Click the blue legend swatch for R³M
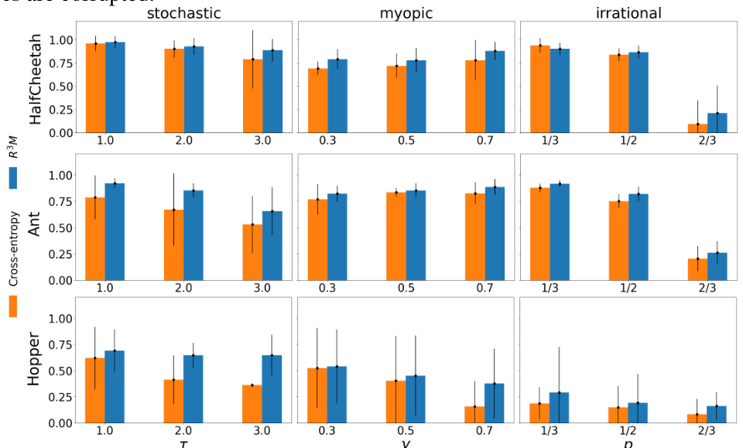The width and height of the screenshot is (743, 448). pyautogui.click(x=14, y=179)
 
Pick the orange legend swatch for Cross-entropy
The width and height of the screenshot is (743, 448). pyautogui.click(x=14, y=306)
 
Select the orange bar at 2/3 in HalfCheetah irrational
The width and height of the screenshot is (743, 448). pyautogui.click(x=697, y=128)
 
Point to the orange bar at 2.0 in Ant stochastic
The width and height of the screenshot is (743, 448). pyautogui.click(x=173, y=245)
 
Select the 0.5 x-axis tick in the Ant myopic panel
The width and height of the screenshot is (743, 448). pyautogui.click(x=406, y=289)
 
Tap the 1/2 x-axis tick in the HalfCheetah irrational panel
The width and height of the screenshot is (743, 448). pyautogui.click(x=628, y=142)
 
